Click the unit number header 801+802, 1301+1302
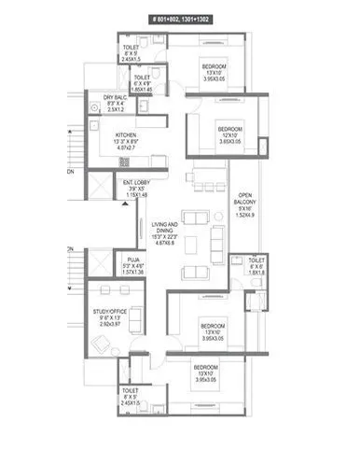pyautogui.click(x=179, y=18)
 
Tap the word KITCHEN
pyautogui.click(x=126, y=134)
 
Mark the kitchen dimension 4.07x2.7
pyautogui.click(x=126, y=148)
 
